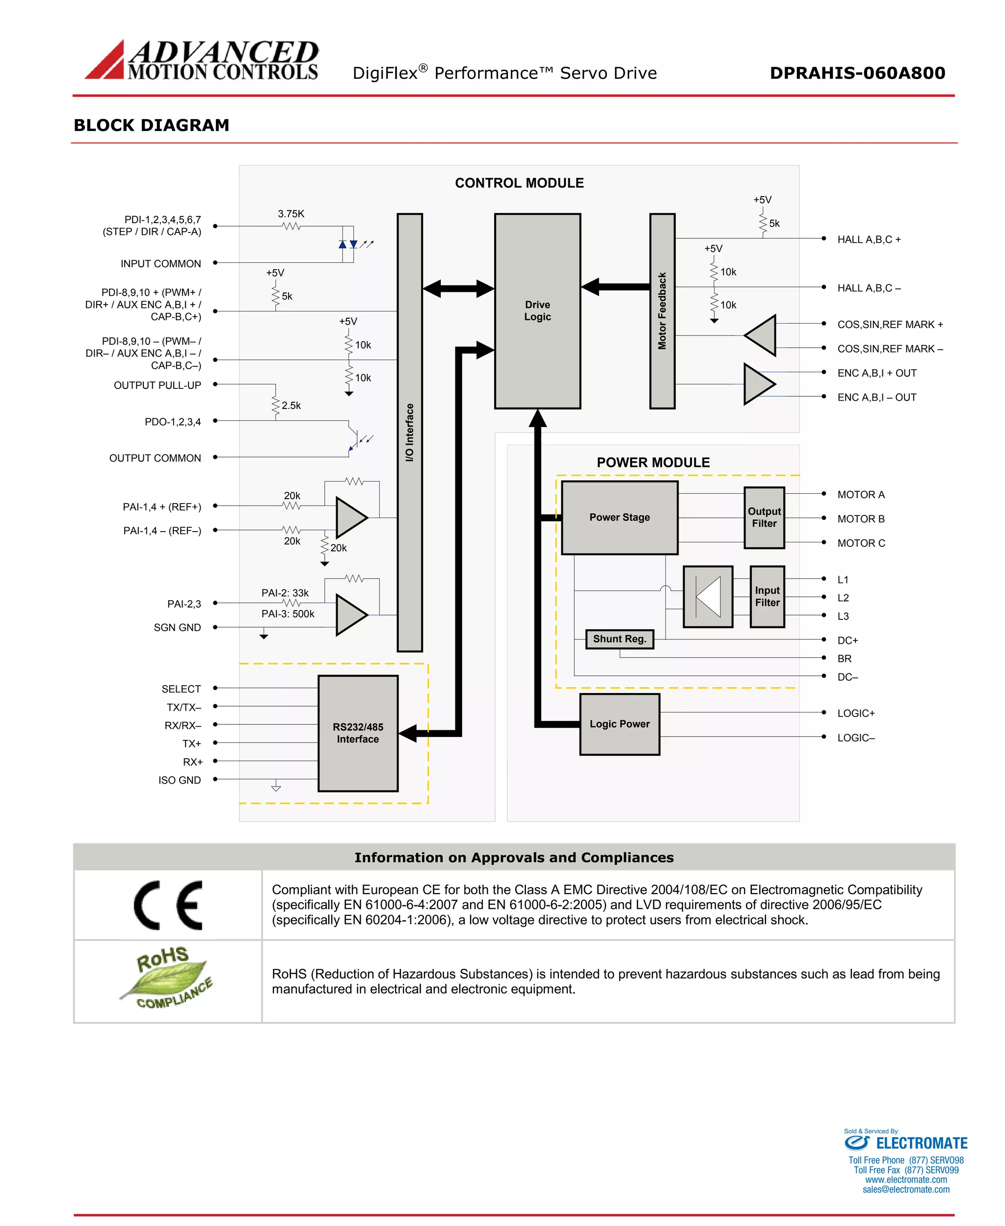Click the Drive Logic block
537,311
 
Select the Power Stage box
619,517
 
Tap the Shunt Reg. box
619,639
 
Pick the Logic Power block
619,724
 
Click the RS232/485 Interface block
358,733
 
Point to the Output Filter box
764,517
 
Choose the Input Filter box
767,596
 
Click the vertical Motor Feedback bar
662,311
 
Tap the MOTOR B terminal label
861,519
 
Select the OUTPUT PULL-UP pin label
158,385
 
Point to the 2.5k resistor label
291,406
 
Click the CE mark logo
168,905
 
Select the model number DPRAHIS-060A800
857,73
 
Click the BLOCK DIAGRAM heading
152,125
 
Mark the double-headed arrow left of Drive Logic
458,288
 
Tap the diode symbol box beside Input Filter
708,596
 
